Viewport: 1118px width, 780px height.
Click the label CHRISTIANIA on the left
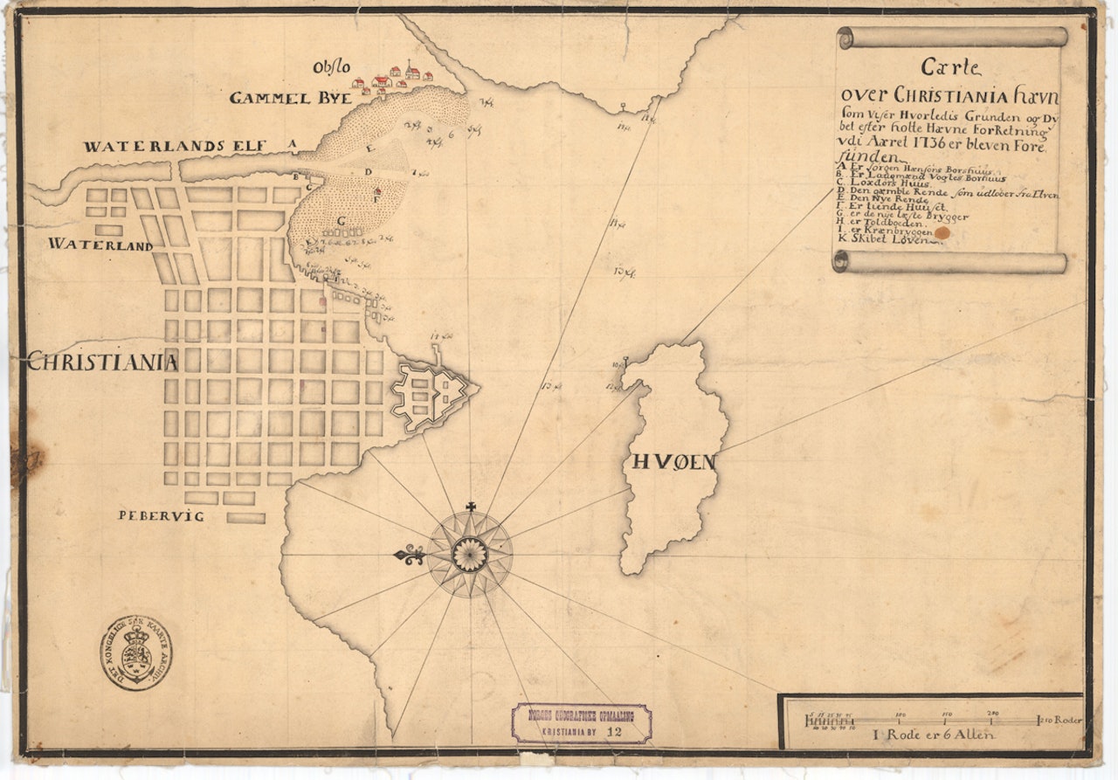point(102,361)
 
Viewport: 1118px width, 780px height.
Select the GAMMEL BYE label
point(290,98)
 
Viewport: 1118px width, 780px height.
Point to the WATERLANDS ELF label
point(174,147)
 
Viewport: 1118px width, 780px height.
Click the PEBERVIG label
point(161,515)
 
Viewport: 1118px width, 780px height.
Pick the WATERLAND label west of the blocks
point(100,245)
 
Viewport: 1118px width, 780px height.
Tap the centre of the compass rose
point(470,555)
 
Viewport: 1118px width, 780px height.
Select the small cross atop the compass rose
point(471,507)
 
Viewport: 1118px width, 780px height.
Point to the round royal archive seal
point(135,652)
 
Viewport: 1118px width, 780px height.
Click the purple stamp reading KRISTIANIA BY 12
point(581,724)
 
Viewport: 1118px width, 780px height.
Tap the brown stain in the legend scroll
point(942,233)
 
